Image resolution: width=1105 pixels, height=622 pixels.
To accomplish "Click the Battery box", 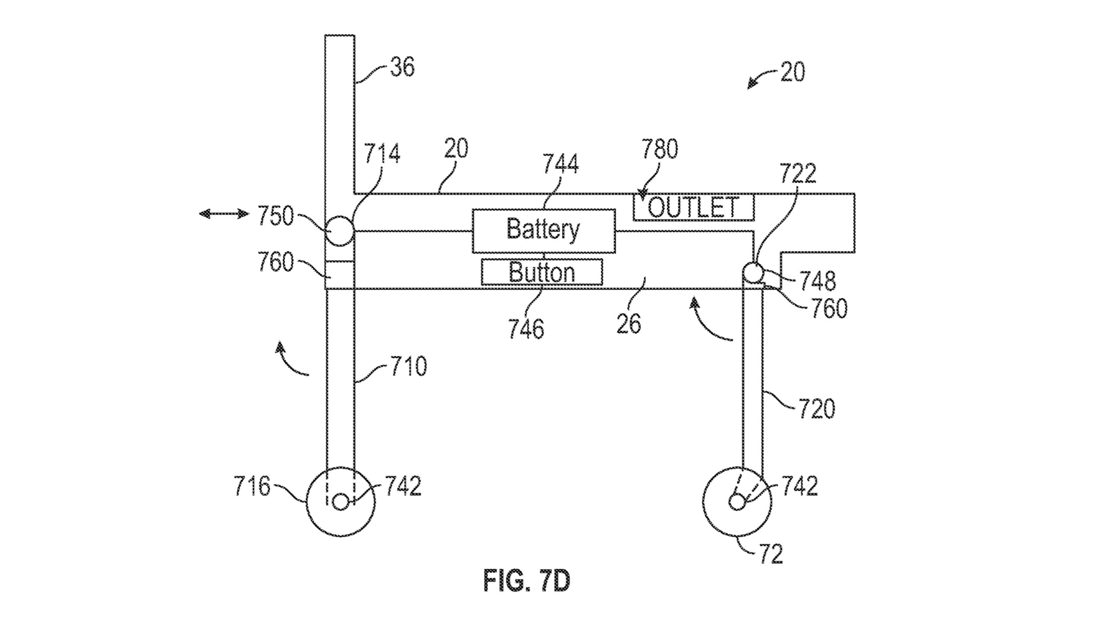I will point(543,231).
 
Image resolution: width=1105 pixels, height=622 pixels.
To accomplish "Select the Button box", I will point(542,272).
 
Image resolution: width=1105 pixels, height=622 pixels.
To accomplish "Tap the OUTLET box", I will point(693,207).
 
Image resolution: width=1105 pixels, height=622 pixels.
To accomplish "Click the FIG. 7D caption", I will point(527,581).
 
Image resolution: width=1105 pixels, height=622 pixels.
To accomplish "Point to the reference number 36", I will point(402,68).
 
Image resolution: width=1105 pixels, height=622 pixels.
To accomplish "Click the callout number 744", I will point(560,164).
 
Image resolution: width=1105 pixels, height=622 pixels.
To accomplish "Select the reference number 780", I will point(660,149).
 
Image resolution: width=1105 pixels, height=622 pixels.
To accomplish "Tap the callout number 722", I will point(798,174).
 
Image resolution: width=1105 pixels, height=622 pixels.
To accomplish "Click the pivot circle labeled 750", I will point(340,231).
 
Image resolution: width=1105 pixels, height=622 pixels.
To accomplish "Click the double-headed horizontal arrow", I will point(224,213).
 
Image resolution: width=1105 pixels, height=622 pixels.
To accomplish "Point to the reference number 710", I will point(408,366).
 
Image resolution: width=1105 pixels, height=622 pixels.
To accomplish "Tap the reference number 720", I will point(817,409).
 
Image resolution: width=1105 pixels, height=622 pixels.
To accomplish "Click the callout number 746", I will point(526,329).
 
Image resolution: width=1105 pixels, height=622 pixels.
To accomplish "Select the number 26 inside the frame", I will point(628,324).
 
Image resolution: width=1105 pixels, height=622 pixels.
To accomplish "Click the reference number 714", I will point(382,153).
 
